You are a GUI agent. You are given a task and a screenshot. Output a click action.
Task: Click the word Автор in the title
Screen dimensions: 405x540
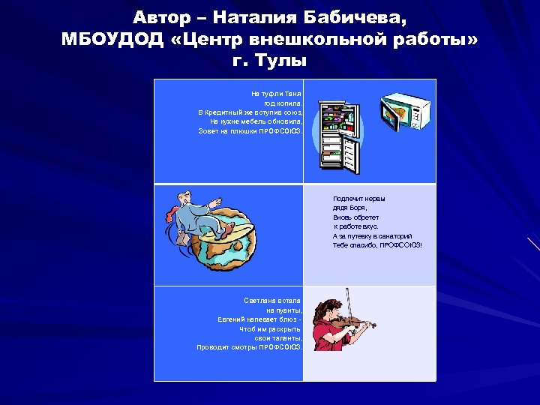(x=162, y=16)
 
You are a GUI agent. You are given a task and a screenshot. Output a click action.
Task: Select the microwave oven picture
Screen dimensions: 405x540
(x=406, y=112)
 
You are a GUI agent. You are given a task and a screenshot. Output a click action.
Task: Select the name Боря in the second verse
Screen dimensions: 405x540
(x=359, y=208)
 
